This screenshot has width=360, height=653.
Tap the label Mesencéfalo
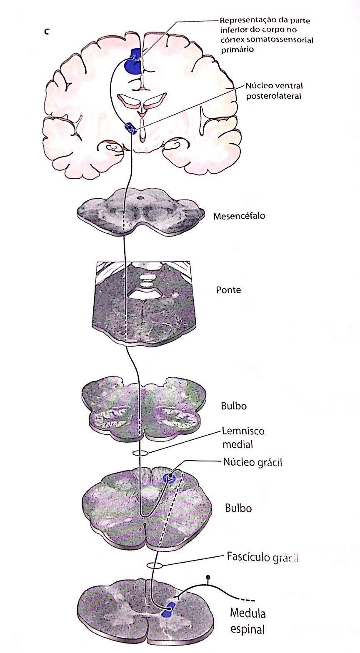coord(239,216)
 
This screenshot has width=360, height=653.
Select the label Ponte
coord(228,290)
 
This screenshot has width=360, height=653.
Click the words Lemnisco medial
coord(243,438)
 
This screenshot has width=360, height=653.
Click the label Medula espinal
coord(248,621)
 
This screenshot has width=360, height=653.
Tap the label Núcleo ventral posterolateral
coord(274,91)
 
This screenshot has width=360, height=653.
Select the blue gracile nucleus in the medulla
coord(169,477)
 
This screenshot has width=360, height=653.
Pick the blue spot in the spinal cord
coord(169,609)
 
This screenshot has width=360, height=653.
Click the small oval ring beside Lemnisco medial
coord(140,453)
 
